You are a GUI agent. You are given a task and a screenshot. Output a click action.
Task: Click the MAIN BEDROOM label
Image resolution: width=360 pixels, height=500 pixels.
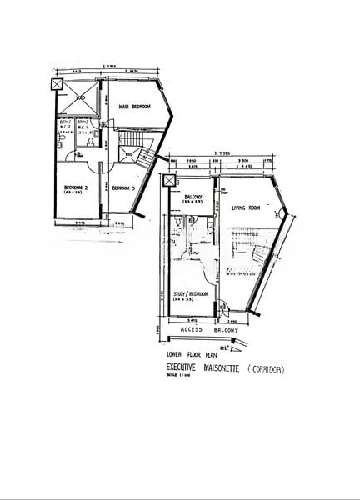tap(133, 107)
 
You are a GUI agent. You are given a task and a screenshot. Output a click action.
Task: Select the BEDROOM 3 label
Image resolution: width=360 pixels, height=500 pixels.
tap(123, 187)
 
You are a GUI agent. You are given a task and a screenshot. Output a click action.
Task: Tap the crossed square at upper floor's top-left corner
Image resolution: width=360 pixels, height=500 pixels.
tap(57, 85)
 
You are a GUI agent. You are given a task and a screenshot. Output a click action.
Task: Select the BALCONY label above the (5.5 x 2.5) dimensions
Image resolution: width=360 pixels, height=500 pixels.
tap(192, 197)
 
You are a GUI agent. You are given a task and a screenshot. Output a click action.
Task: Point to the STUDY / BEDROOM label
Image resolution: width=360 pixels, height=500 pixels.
tap(192, 292)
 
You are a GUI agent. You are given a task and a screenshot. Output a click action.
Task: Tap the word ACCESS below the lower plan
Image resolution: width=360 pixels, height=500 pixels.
tap(192, 330)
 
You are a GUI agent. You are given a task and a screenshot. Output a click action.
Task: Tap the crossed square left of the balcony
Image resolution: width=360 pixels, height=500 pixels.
tap(169, 182)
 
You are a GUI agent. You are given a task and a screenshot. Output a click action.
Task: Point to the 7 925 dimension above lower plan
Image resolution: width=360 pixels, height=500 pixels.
tap(218, 152)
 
